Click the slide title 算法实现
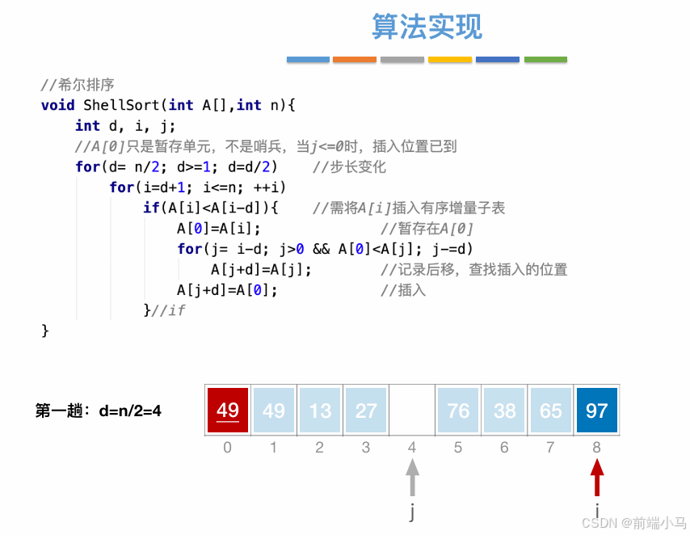tap(427, 27)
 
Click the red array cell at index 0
tap(227, 411)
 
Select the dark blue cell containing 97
tap(596, 411)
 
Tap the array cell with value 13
tap(320, 411)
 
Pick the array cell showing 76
tap(458, 411)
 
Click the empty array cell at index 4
tap(412, 411)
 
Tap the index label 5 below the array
tap(458, 447)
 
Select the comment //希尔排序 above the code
tap(78, 84)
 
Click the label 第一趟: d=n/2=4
tap(99, 411)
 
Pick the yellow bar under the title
tap(450, 60)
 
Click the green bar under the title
tap(545, 60)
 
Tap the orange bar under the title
tap(355, 60)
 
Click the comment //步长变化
tap(349, 167)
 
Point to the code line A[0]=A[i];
tap(219, 229)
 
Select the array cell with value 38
tap(504, 411)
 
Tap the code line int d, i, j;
tap(125, 126)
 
